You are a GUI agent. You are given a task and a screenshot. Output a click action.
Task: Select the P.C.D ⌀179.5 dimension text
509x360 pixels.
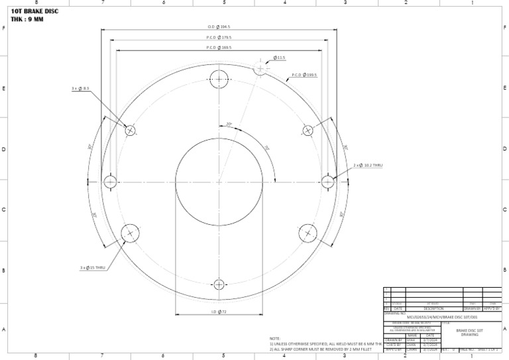(x=219, y=37)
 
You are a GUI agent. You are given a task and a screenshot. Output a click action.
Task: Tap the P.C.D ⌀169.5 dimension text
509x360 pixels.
(x=219, y=48)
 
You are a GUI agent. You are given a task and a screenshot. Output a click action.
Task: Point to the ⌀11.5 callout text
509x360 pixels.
(x=279, y=58)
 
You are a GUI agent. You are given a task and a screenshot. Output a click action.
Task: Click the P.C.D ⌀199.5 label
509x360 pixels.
(x=305, y=76)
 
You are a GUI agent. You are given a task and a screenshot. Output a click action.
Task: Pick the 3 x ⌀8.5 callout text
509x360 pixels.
(x=80, y=88)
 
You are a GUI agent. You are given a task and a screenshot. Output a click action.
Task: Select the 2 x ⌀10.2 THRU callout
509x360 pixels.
(x=368, y=164)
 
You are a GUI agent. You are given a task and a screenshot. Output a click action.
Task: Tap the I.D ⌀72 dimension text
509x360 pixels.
(x=219, y=312)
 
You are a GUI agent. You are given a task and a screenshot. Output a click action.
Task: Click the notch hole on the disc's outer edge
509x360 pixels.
(x=260, y=68)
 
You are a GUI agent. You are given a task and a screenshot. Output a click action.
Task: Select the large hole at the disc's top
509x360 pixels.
(x=219, y=79)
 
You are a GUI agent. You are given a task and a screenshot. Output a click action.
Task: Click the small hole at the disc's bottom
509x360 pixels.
(x=219, y=285)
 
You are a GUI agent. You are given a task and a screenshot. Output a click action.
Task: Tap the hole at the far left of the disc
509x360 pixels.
(x=110, y=182)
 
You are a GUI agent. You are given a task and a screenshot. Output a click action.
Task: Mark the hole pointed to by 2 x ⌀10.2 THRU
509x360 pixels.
(x=327, y=182)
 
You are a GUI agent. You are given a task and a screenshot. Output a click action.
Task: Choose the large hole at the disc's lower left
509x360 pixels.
(x=130, y=233)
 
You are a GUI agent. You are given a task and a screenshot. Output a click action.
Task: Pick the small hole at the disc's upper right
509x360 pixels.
(x=308, y=130)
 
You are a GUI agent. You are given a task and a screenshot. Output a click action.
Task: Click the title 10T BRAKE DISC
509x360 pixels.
(x=35, y=11)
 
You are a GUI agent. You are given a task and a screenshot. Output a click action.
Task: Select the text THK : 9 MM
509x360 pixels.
(x=27, y=19)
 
